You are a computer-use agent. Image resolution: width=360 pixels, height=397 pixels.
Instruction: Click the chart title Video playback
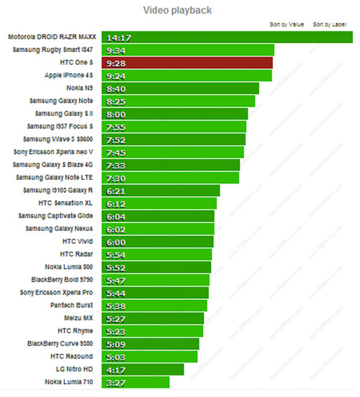point(177,10)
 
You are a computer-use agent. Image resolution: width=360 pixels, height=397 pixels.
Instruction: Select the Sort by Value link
point(287,25)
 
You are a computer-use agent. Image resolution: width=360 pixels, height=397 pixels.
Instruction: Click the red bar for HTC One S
point(187,63)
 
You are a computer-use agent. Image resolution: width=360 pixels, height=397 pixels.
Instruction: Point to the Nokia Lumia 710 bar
point(136,381)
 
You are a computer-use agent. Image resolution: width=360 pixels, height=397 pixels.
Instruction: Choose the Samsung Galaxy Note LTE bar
point(170,178)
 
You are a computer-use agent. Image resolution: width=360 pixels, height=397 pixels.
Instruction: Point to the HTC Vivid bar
point(157,242)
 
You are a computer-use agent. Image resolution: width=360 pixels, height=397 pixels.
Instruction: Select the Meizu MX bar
point(153,318)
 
